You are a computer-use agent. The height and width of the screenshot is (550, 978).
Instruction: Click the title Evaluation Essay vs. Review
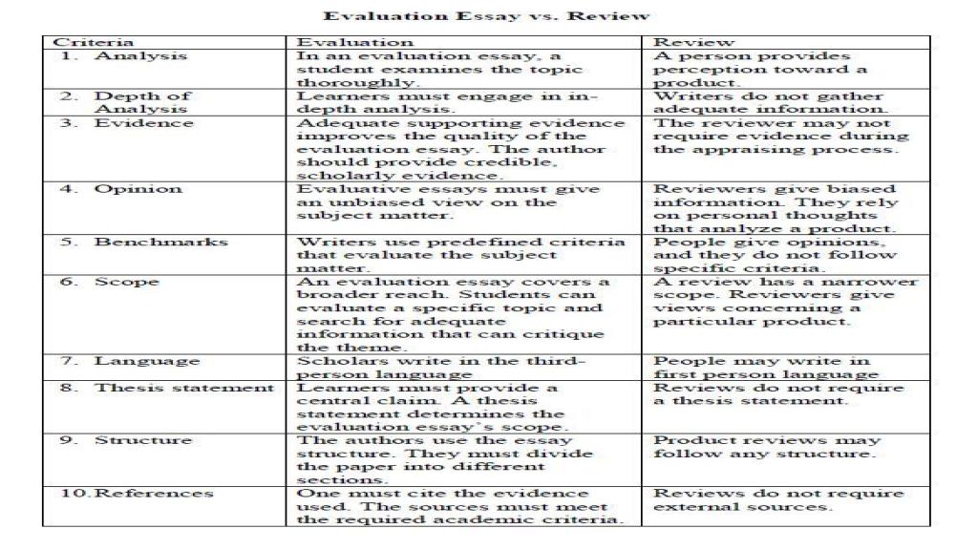coord(487,15)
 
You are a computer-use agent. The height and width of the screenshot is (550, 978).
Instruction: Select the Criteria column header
coord(79,42)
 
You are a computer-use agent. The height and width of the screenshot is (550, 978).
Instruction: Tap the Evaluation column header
coord(355,42)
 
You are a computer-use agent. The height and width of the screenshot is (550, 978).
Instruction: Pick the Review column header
coord(681,42)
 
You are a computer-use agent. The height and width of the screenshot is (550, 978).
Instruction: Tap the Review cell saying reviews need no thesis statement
coord(777,394)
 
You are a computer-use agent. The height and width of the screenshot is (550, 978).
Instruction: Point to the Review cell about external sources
coord(777,499)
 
